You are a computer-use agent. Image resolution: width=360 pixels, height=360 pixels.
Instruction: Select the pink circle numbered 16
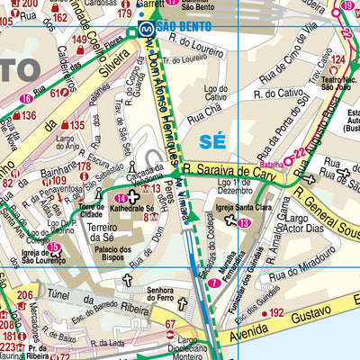(x=26, y=99)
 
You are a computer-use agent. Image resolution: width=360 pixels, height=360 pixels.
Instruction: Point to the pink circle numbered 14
(x=120, y=197)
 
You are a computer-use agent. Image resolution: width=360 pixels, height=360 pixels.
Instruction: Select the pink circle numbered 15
(x=54, y=247)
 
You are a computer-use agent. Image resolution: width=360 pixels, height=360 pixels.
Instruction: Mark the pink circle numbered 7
(x=214, y=283)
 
